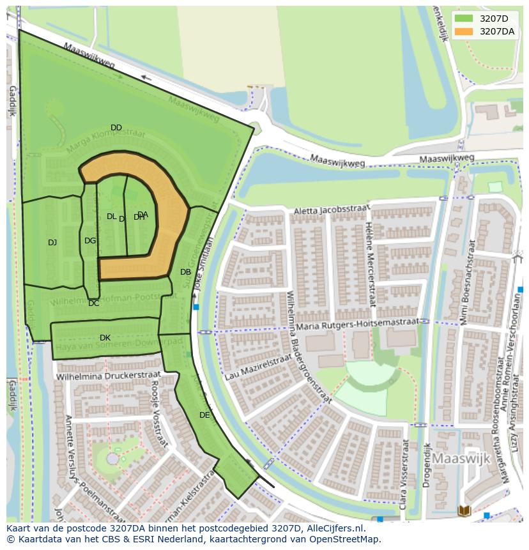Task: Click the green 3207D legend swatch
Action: click(x=463, y=19)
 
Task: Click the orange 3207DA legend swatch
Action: click(x=463, y=31)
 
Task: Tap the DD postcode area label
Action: click(x=116, y=128)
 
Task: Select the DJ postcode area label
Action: click(x=52, y=242)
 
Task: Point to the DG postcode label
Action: click(x=90, y=241)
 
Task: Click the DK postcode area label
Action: click(x=105, y=337)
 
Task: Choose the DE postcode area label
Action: click(x=204, y=415)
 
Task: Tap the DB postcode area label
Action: click(x=185, y=271)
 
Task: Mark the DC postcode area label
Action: click(x=94, y=303)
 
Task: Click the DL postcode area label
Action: click(x=111, y=217)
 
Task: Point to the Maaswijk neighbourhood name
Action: click(x=461, y=459)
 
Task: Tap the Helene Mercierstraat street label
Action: click(x=371, y=265)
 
